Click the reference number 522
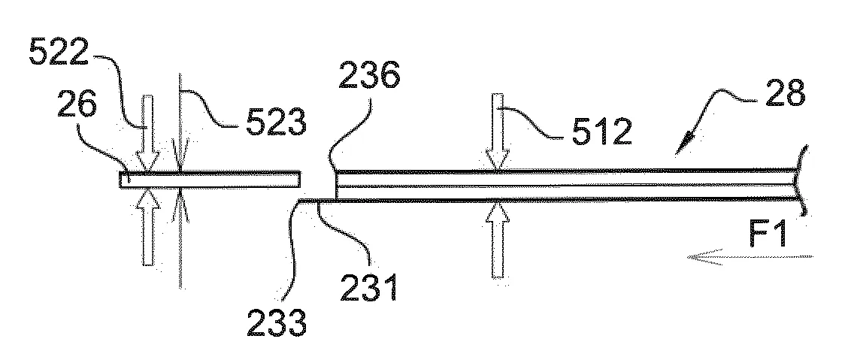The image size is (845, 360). pos(58,53)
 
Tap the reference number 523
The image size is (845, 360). pos(276,123)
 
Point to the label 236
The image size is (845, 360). pos(369,75)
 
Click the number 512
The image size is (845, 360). pos(601,132)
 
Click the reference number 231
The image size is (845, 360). pos(368,286)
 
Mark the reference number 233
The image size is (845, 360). pos(277,323)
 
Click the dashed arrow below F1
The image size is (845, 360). pos(750,258)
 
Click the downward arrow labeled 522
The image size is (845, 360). pos(148,132)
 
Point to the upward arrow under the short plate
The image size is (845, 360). pos(148,228)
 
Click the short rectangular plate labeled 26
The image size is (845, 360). pos(210,180)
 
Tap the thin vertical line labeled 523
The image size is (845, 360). pos(180,181)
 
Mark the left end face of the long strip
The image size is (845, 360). pos(336,186)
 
